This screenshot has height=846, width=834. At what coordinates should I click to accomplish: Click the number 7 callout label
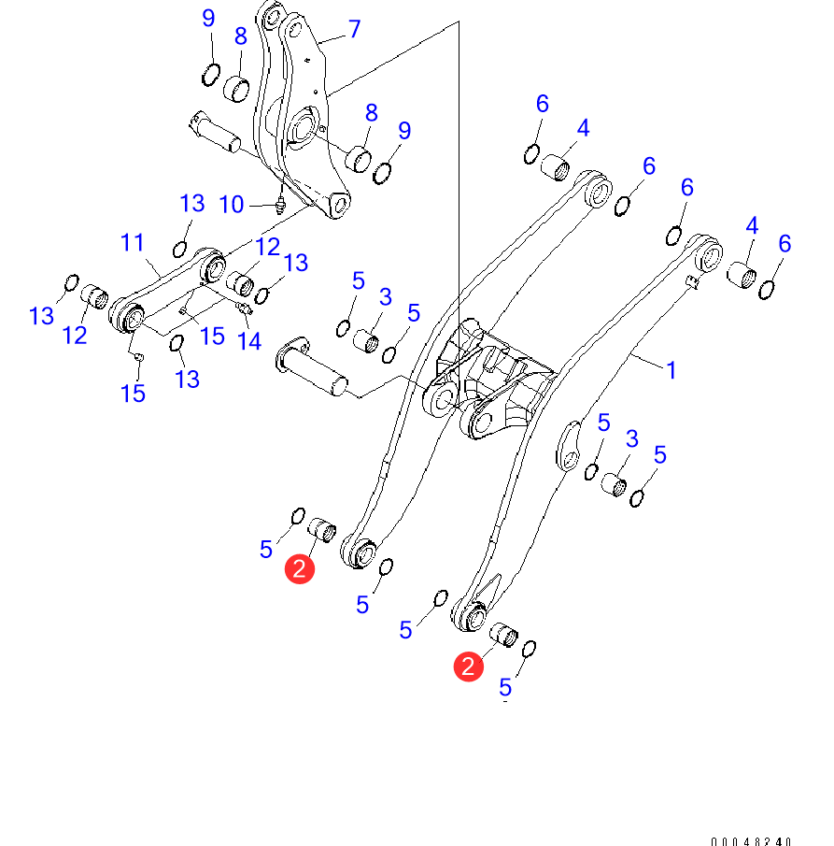(354, 29)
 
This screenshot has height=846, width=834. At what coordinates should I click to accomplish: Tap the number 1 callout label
(671, 370)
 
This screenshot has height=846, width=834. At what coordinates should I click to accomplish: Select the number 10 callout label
(232, 204)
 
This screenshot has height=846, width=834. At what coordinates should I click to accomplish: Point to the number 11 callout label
(133, 243)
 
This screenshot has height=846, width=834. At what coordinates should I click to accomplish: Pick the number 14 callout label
(248, 341)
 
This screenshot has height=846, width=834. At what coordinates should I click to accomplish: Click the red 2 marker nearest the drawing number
(468, 667)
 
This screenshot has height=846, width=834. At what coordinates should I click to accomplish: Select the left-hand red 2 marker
(299, 569)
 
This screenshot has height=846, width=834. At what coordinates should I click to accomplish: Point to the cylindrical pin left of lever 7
(217, 132)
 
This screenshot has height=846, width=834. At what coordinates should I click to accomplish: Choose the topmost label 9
(208, 18)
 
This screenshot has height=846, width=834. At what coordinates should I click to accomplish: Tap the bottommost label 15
(133, 393)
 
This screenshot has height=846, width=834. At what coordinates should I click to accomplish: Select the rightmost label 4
(751, 225)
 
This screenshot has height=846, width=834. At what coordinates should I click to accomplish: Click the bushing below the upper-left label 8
(237, 91)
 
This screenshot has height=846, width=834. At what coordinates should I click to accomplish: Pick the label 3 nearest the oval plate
(632, 438)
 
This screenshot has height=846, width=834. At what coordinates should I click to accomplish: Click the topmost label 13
(191, 204)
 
